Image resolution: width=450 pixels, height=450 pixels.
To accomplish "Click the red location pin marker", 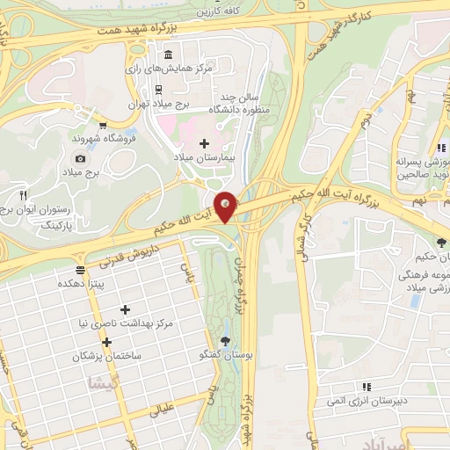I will coord(226,207).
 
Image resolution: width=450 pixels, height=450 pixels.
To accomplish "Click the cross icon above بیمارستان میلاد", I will coord(204,142).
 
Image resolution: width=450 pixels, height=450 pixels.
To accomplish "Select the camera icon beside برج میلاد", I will coord(80,158).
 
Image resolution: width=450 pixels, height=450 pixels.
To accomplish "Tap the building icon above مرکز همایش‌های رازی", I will coord(167,54).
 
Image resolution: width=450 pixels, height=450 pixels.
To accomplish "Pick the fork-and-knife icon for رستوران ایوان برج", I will coord(24,194).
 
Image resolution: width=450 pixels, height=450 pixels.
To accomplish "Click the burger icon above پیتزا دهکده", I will coord(80,270).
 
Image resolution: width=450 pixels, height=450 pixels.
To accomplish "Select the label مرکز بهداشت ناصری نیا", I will coord(127,324).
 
